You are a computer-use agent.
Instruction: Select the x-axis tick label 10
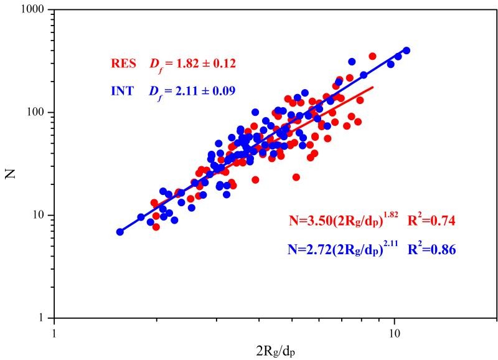(394, 333)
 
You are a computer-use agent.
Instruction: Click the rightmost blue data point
(406, 50)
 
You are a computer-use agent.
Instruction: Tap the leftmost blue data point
(120, 232)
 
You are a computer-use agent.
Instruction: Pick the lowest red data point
(156, 227)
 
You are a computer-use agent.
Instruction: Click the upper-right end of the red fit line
(372, 87)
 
